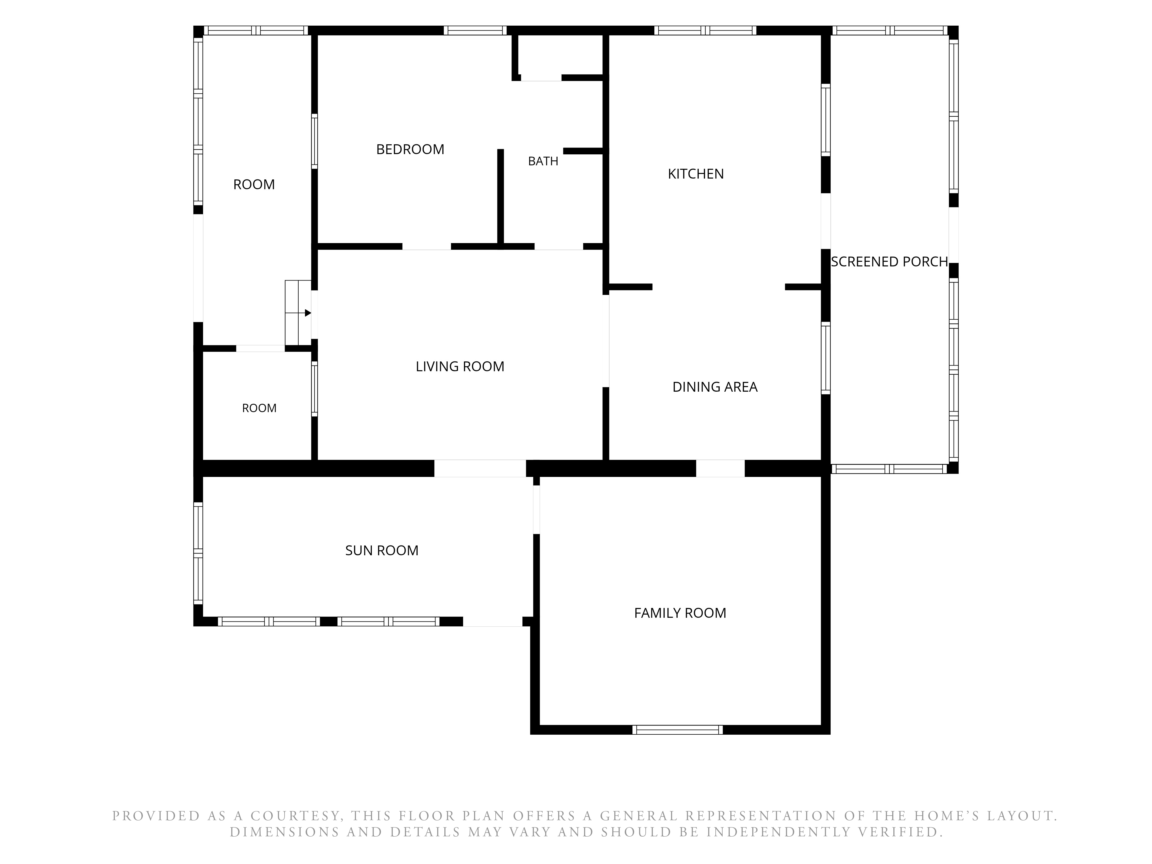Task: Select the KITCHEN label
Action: coord(696,174)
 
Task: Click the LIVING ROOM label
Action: coord(460,367)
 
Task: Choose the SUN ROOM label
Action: coord(382,550)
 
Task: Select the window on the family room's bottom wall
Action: coord(678,730)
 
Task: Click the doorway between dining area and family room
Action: coord(720,468)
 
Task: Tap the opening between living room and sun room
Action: coord(480,468)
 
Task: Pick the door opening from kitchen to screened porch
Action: coord(825,221)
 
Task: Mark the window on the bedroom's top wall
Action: coord(475,30)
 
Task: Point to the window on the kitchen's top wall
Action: coord(705,30)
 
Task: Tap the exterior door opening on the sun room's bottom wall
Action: coord(493,621)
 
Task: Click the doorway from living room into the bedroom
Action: coord(427,246)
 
